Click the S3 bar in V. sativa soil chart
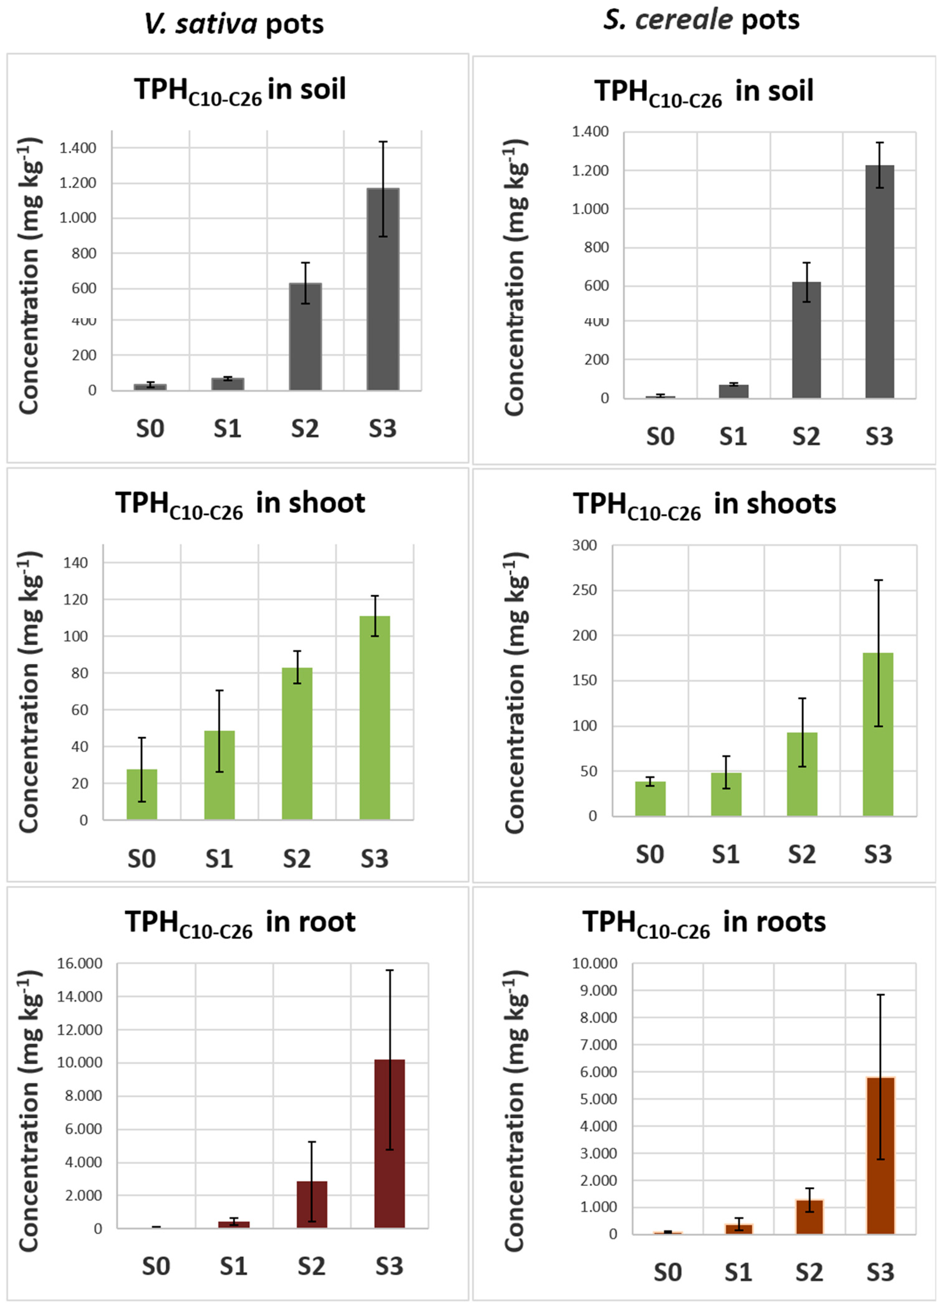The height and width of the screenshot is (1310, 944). click(383, 289)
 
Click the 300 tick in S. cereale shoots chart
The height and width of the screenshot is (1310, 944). click(584, 545)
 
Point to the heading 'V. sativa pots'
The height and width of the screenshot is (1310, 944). click(234, 24)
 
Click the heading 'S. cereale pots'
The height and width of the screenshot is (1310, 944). click(701, 20)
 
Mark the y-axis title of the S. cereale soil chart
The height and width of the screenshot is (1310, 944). click(514, 277)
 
